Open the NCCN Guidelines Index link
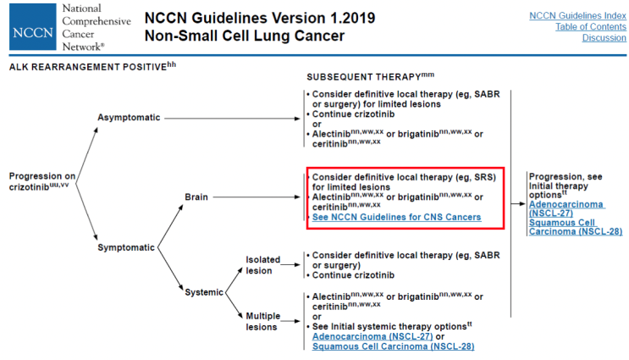(x=577, y=15)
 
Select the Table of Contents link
(x=590, y=26)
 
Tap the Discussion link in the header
(x=604, y=38)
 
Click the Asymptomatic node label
(x=129, y=117)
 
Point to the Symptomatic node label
(x=126, y=247)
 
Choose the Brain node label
(x=196, y=197)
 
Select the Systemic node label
(x=204, y=292)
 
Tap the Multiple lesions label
(x=262, y=321)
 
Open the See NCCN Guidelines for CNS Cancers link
(x=396, y=218)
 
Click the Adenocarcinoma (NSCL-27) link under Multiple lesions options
(x=367, y=336)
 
